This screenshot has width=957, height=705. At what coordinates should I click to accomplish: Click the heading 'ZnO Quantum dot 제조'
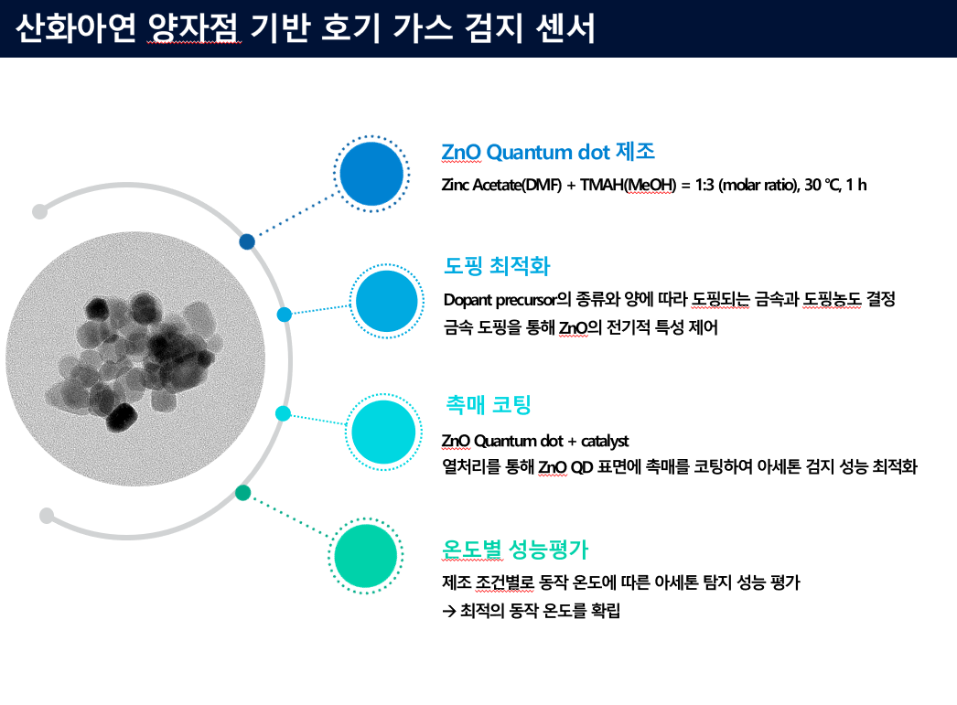coord(548,152)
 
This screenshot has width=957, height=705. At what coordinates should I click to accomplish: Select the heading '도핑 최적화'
coord(498,266)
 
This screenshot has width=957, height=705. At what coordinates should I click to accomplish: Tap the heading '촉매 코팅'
coord(489,404)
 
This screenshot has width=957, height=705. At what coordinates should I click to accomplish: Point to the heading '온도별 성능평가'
coord(515,550)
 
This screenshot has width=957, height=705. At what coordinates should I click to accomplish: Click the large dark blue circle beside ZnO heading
coord(371,174)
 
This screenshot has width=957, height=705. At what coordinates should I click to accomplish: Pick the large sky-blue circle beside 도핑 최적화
coord(386,301)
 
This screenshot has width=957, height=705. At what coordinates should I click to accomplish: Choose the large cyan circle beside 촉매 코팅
coord(383,432)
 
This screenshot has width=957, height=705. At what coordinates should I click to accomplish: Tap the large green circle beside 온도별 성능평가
coord(366,556)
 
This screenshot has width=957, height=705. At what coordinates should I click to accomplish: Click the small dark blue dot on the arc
coord(247,241)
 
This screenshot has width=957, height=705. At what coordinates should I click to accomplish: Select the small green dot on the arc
coord(243,493)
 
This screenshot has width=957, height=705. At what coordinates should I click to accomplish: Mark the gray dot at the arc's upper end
coord(39,211)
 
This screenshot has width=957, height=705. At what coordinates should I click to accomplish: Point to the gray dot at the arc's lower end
coord(47,516)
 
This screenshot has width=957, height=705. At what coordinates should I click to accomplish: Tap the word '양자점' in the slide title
coord(194,28)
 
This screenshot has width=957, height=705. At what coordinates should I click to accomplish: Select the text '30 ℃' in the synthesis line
coord(823,184)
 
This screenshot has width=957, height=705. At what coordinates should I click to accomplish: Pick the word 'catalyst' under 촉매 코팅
coord(605,441)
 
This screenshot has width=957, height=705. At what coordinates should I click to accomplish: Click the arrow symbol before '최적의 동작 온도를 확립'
coord(449,611)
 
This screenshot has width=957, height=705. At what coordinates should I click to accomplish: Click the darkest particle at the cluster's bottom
coord(122,418)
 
